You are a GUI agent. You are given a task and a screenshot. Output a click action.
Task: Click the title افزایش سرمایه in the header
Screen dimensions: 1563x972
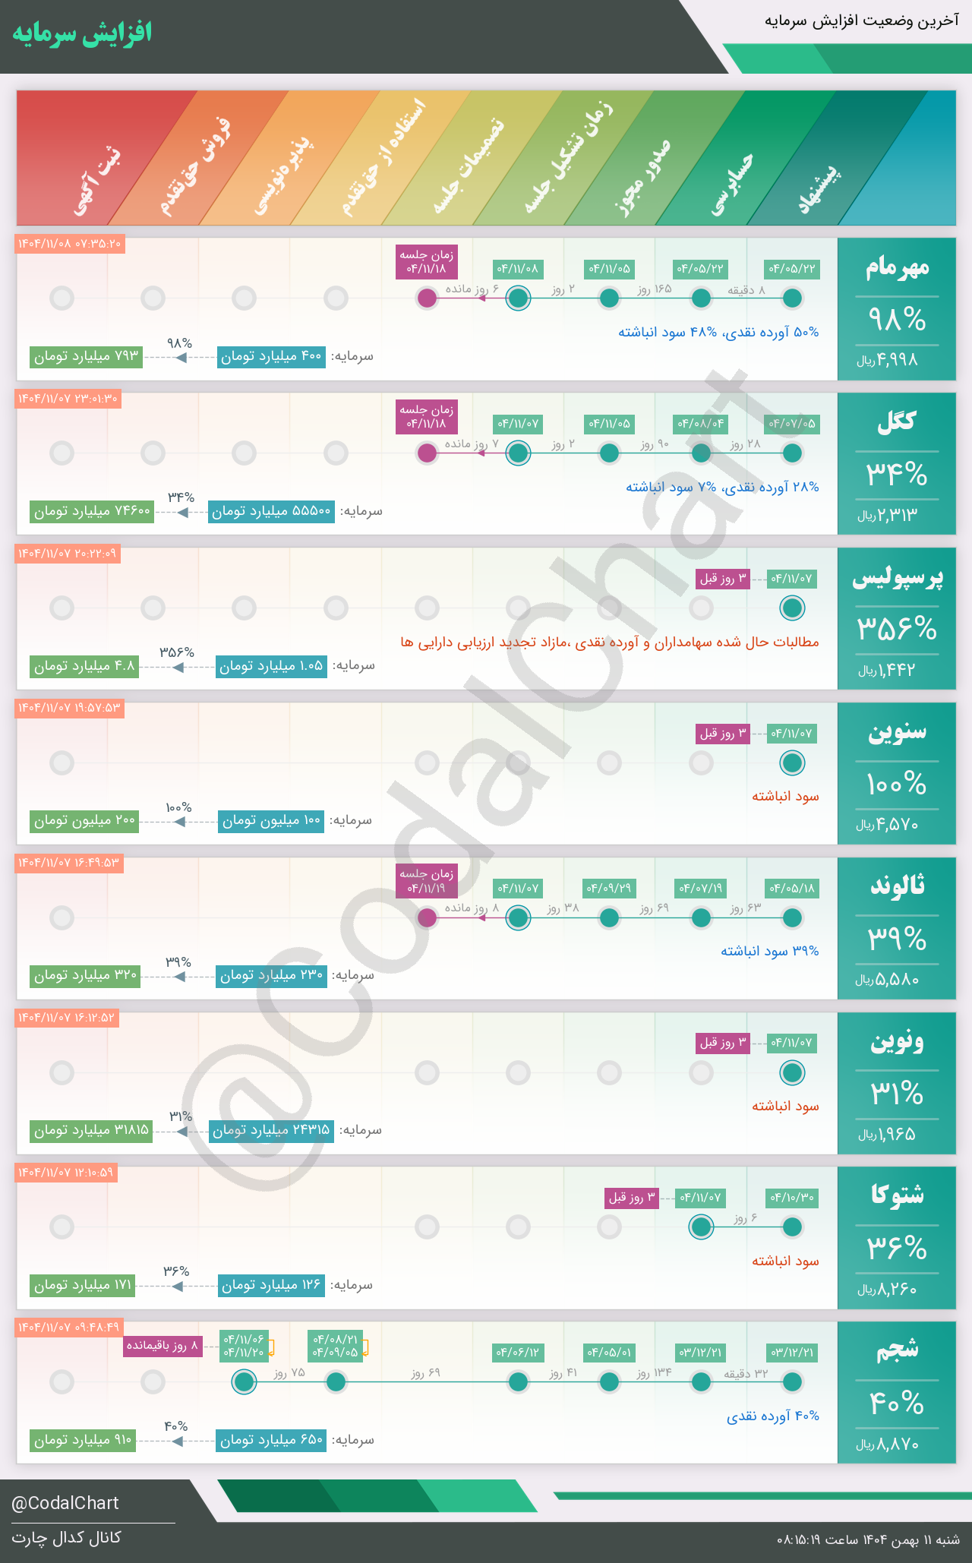82,33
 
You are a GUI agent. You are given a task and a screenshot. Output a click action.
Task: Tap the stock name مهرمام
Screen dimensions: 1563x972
897,267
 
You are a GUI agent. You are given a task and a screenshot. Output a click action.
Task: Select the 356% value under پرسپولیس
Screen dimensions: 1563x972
897,629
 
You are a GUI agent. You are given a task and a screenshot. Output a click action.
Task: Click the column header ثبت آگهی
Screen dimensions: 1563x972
96,181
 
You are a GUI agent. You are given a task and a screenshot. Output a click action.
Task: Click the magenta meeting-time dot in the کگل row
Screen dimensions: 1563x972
428,453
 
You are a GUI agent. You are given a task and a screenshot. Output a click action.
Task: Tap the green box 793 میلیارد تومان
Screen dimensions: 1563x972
87,356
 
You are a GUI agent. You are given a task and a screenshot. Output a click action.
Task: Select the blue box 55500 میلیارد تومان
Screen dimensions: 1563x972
271,511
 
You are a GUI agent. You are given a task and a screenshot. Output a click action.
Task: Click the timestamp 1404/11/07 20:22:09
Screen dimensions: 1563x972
68,554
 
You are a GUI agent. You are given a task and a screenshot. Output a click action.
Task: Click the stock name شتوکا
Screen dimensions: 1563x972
897,1195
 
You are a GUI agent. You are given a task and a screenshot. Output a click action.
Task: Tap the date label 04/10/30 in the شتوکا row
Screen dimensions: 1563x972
792,1198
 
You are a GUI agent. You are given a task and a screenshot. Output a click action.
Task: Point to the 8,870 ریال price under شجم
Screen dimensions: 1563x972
888,1445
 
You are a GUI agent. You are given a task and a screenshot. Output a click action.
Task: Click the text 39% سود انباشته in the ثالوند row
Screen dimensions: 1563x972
769,951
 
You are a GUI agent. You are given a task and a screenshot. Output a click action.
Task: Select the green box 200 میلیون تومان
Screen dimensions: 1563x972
84,820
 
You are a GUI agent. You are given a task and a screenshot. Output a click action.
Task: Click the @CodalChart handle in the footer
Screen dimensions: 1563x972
65,1503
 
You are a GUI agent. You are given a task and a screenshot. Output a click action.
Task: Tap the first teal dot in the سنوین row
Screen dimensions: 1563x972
792,763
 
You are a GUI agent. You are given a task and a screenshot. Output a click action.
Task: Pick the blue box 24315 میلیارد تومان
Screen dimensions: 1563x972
271,1130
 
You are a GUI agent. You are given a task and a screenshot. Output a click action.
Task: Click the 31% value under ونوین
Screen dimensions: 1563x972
897,1094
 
